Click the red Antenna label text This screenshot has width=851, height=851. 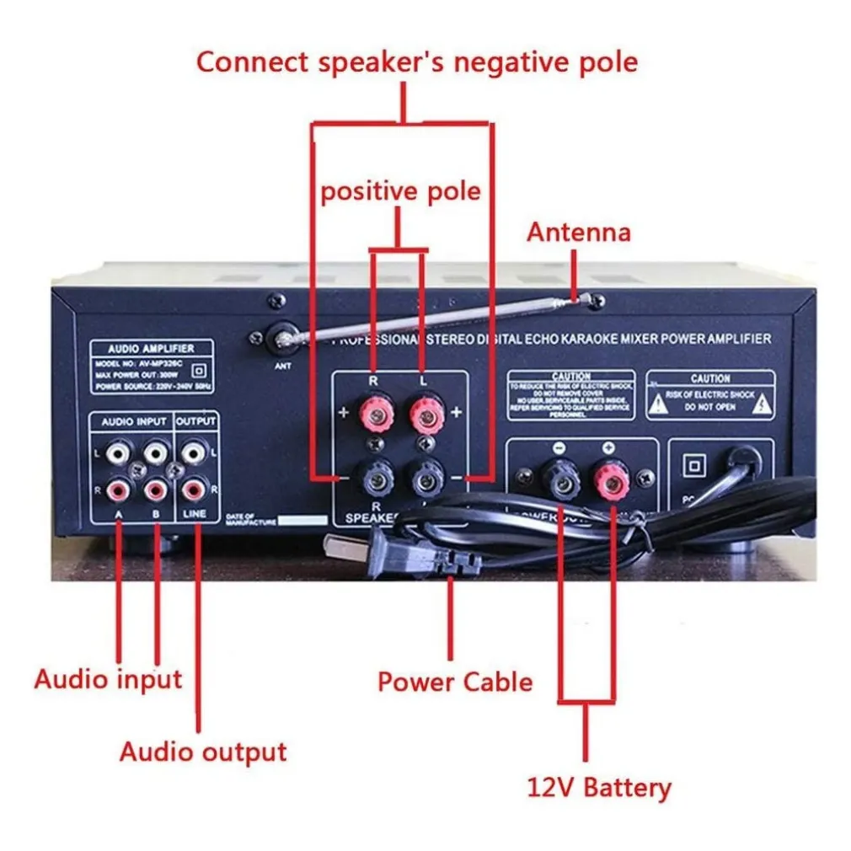click(578, 232)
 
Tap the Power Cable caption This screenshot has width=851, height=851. click(455, 681)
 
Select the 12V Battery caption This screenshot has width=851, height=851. click(599, 788)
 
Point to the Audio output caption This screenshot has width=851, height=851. click(203, 752)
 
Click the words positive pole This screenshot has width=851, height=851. click(400, 191)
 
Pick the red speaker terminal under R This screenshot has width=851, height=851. click(373, 414)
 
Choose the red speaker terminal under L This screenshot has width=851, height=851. click(425, 414)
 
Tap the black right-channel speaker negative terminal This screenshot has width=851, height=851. click(373, 479)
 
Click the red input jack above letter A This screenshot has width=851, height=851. click(119, 487)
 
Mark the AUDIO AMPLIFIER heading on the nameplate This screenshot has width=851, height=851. click(152, 348)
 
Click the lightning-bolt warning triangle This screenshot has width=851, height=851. click(762, 402)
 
